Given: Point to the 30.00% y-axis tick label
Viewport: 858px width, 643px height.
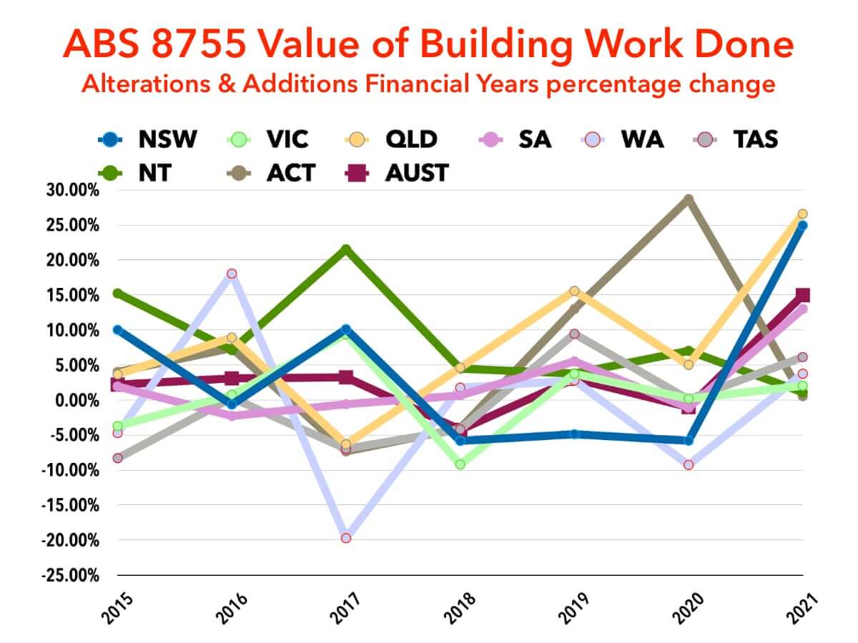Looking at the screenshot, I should [x=70, y=191].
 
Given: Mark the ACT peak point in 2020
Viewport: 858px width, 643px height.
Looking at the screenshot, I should [x=689, y=199].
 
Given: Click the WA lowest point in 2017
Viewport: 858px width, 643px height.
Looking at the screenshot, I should [x=346, y=538].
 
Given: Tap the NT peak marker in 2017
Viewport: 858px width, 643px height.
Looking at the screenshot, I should [x=346, y=249].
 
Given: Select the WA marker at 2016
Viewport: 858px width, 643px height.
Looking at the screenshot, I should [x=232, y=274].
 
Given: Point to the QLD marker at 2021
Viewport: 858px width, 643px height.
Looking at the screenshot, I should [x=802, y=214].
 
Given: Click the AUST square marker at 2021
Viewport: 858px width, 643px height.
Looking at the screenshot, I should [x=802, y=295].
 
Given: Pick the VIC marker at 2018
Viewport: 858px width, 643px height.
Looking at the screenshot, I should [x=460, y=464].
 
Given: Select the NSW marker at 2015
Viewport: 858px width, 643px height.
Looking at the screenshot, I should [x=118, y=330].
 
